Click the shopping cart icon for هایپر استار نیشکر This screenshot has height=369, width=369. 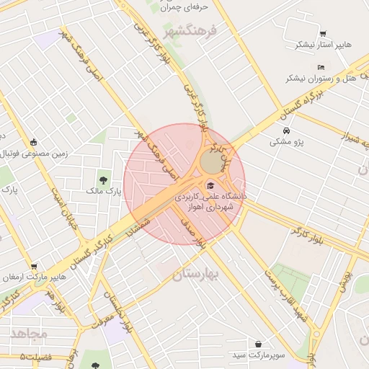pyautogui.click(x=322, y=33)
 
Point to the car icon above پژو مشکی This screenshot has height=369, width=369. pyautogui.click(x=287, y=131)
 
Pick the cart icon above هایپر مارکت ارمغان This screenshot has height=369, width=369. pyautogui.click(x=34, y=266)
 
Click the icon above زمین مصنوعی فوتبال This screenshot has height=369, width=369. pyautogui.click(x=34, y=141)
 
